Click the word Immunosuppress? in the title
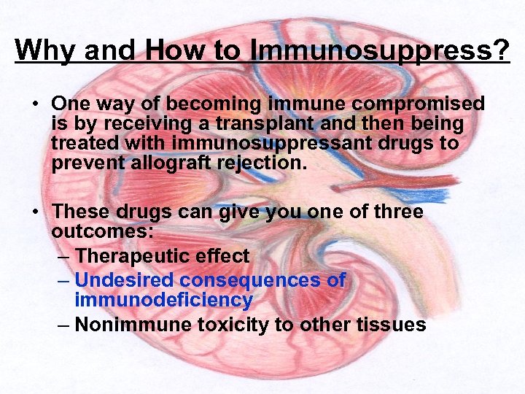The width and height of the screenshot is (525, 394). pos(379,51)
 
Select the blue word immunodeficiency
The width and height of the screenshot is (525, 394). pos(163,300)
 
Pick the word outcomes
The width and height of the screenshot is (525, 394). pos(99,231)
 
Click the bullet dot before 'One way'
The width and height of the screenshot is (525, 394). pos(36,104)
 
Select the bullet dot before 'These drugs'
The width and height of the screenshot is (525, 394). pos(36,212)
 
